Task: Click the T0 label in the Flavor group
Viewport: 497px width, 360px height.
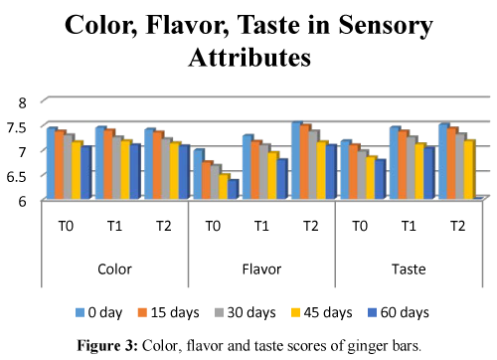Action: pyautogui.click(x=213, y=226)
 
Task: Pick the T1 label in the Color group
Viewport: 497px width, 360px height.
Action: pyautogui.click(x=114, y=226)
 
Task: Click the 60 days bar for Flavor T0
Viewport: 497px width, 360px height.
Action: pyautogui.click(x=232, y=190)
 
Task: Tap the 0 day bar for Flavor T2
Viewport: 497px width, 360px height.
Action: pyautogui.click(x=296, y=161)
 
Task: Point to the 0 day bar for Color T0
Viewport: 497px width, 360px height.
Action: pyautogui.click(x=51, y=164)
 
